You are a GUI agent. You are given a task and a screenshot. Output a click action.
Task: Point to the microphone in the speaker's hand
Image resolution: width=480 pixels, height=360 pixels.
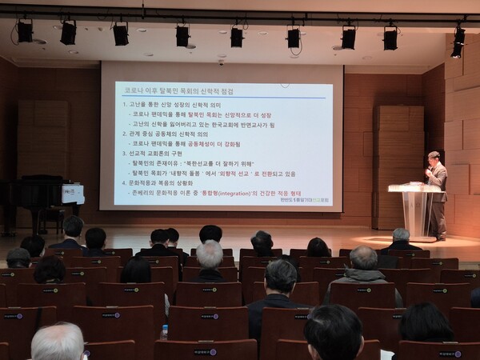[428, 170]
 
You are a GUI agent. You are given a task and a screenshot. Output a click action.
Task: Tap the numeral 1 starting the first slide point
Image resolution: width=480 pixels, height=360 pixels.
[124, 105]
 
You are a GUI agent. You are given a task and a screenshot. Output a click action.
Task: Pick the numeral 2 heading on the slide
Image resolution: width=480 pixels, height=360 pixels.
[124, 134]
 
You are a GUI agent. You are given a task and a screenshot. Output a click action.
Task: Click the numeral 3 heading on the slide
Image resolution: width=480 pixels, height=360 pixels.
[124, 154]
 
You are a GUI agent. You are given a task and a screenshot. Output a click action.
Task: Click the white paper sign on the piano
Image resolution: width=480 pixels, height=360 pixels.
[73, 194]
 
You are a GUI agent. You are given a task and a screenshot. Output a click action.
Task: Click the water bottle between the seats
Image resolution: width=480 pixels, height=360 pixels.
[164, 331]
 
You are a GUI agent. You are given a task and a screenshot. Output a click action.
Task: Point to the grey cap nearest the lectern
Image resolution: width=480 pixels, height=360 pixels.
[401, 234]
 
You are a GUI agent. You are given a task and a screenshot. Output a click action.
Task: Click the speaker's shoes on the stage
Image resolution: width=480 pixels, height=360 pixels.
[441, 238]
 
